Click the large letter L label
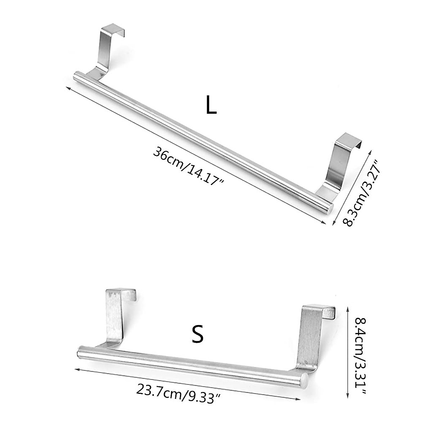click(211, 105)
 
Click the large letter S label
click(197, 334)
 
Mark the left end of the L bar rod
click(77, 77)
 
